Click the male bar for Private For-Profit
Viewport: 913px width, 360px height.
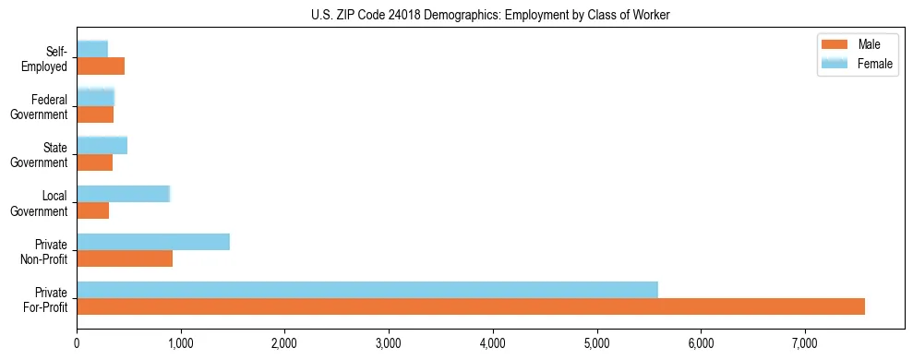click(x=471, y=306)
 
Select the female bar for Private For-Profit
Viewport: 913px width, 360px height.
click(x=367, y=290)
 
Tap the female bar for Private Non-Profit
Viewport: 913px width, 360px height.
click(x=153, y=242)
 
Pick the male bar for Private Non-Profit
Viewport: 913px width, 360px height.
click(x=125, y=258)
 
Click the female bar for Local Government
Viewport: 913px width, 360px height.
click(x=124, y=194)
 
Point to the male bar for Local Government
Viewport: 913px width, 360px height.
click(x=93, y=210)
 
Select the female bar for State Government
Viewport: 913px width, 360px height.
click(x=102, y=146)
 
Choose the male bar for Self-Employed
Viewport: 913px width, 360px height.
click(x=101, y=66)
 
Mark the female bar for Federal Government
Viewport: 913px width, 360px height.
click(x=95, y=97)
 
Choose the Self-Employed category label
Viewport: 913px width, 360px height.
click(x=46, y=59)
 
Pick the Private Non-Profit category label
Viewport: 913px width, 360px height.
click(x=45, y=251)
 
